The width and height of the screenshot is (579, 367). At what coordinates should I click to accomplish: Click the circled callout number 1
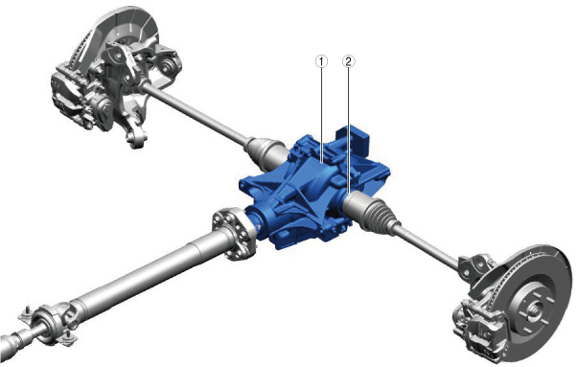click(x=321, y=61)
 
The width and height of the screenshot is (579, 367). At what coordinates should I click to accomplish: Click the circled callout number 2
click(x=349, y=61)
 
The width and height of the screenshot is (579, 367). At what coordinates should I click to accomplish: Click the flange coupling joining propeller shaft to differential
click(x=233, y=234)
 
